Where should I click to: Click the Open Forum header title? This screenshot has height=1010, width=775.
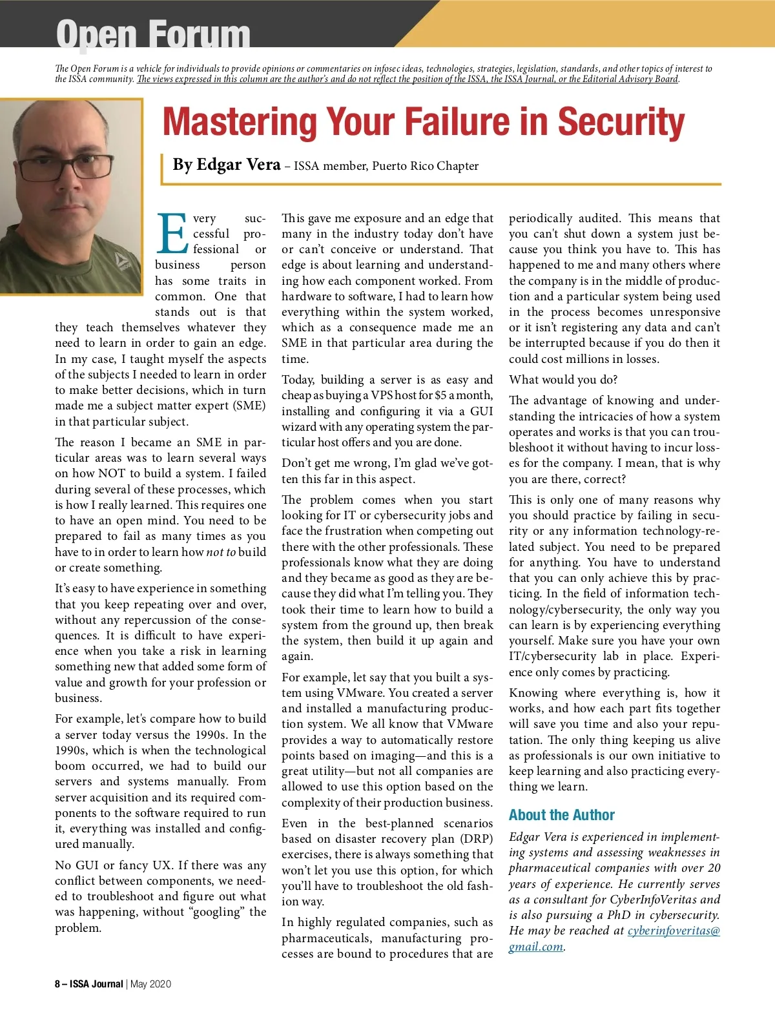pos(153,34)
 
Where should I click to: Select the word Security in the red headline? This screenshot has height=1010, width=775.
pos(621,122)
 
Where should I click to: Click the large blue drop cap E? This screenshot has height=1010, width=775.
pos(172,234)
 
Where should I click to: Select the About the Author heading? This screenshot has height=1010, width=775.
pos(561,815)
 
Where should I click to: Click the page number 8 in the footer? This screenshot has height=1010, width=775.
pos(57,984)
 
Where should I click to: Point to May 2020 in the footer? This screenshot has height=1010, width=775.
pos(151,984)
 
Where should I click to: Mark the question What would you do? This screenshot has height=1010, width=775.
pos(563,380)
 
